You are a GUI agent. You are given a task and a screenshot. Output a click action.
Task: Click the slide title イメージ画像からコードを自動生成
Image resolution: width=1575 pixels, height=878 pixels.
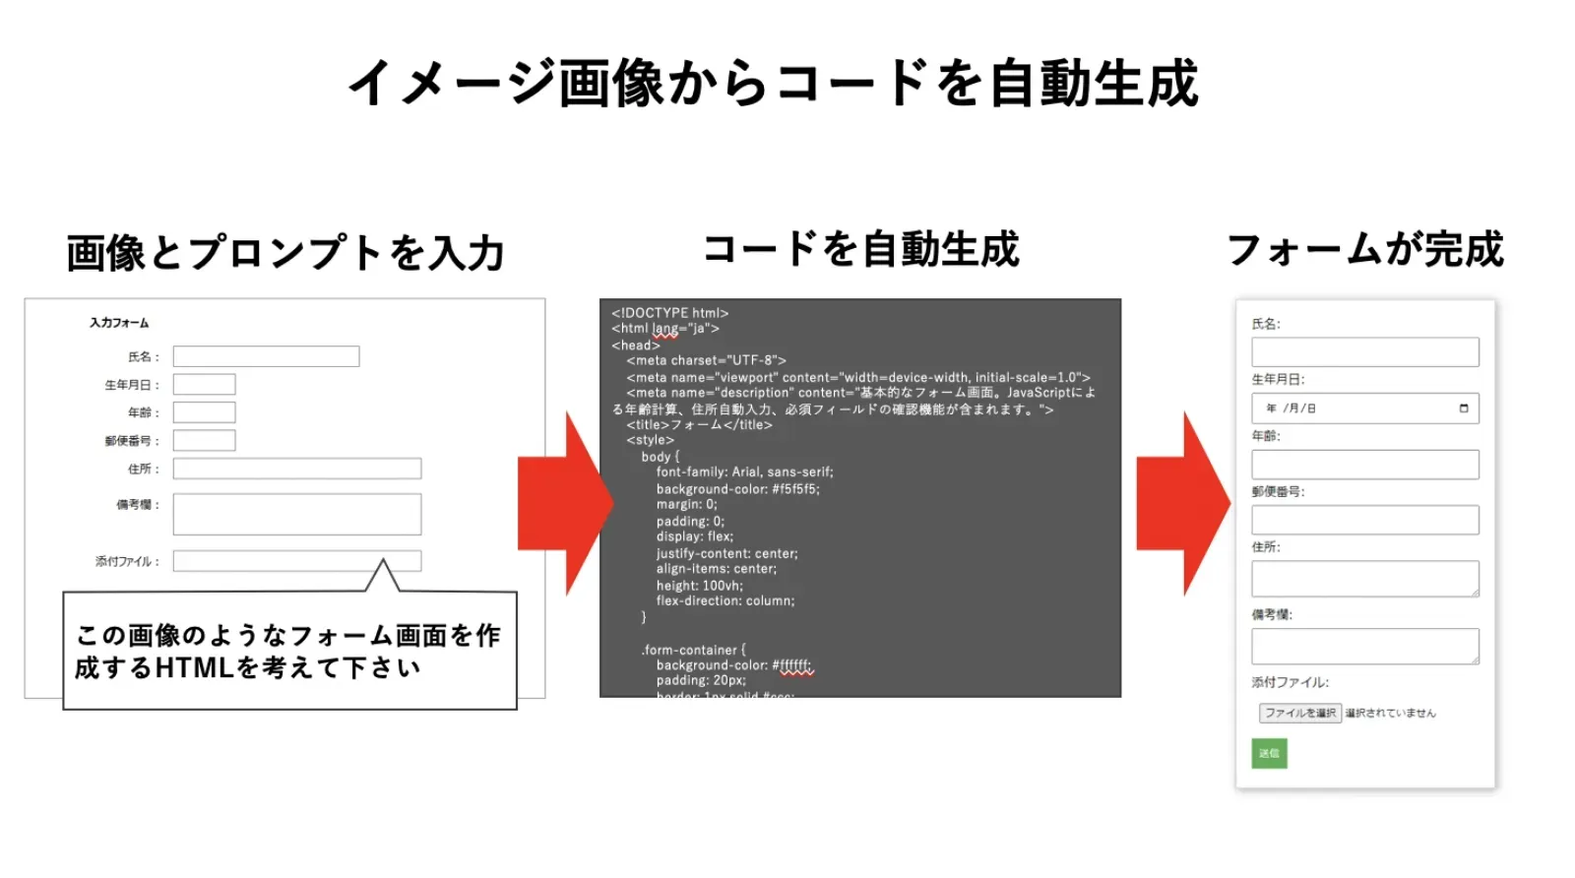(774, 83)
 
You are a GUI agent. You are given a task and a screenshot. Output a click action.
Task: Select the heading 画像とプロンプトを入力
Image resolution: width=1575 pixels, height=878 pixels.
(285, 253)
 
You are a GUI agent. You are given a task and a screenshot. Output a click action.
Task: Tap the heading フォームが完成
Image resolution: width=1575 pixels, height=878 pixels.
(1365, 249)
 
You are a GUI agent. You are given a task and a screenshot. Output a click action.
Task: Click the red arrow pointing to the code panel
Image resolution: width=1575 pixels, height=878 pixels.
(565, 503)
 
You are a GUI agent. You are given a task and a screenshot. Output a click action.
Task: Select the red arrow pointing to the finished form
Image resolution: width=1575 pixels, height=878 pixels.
(1183, 503)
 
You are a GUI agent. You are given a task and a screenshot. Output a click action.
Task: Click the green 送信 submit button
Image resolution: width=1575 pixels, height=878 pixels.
(1269, 754)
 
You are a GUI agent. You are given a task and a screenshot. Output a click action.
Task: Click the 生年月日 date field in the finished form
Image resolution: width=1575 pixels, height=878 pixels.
(1364, 408)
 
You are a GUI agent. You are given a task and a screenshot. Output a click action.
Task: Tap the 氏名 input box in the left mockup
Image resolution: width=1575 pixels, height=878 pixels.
(266, 356)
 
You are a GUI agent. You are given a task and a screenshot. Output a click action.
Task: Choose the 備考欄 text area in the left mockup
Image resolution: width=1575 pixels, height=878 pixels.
(296, 514)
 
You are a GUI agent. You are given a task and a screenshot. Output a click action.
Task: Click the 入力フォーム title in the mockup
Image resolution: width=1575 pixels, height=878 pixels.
(119, 323)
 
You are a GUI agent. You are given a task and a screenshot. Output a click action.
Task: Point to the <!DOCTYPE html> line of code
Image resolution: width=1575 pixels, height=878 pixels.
(670, 313)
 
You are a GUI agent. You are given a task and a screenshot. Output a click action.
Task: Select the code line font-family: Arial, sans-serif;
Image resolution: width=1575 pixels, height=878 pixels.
(744, 472)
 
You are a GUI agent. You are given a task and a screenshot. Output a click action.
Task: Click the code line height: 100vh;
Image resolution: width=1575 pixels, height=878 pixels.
(699, 586)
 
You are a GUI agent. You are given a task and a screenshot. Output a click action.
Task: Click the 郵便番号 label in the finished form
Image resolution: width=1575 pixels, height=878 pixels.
(1278, 491)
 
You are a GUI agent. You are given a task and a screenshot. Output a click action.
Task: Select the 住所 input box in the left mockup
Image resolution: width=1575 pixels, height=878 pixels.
(296, 469)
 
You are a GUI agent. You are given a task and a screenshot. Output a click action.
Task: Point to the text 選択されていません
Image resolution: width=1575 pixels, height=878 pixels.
(1390, 714)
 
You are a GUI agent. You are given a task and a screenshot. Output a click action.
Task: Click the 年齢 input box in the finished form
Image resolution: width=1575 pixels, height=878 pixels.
(1364, 465)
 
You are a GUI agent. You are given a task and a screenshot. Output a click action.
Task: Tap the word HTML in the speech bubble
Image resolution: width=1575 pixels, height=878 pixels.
(194, 668)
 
